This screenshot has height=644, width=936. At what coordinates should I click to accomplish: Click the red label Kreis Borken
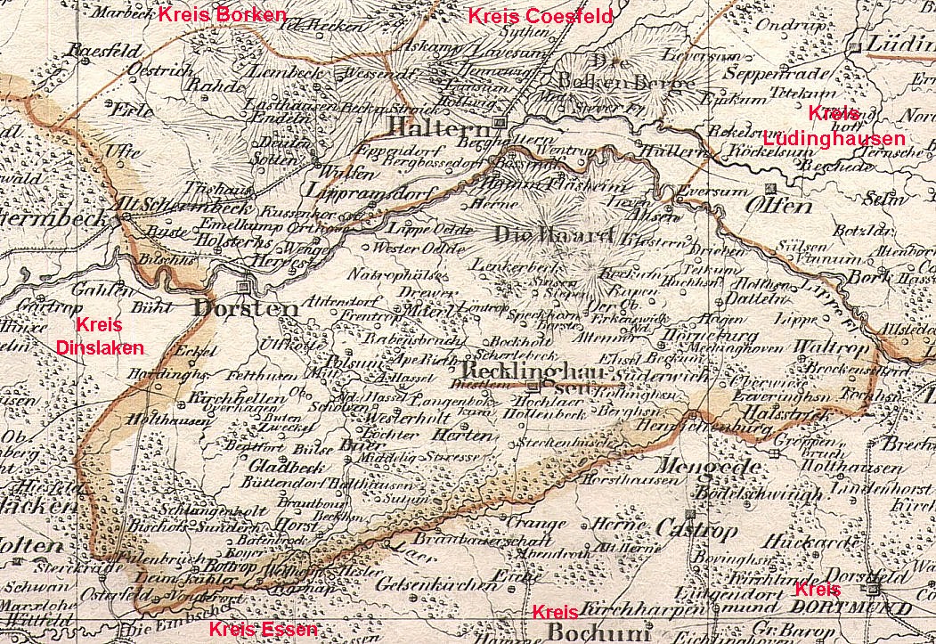click(x=223, y=14)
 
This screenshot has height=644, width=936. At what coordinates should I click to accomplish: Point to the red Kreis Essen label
click(x=262, y=631)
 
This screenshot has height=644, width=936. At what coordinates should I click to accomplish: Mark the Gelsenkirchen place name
click(x=435, y=584)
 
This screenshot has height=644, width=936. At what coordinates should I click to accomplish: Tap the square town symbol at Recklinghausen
click(x=532, y=387)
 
